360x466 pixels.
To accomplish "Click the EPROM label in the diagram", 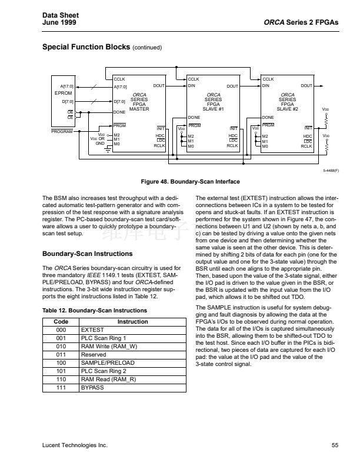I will coord(63,93).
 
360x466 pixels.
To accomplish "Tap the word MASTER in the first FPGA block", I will coord(139,109).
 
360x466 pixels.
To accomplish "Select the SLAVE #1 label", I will coord(214,109).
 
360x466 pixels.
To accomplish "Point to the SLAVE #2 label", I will coord(288,109).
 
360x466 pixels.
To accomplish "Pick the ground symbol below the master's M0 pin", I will coord(108,149).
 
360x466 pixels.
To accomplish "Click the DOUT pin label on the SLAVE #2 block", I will coord(306,86).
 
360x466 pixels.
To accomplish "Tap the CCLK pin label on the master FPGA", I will coord(119,78).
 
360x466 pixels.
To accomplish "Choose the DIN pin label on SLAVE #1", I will coord(192,86).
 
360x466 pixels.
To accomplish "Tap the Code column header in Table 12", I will coord(61,322).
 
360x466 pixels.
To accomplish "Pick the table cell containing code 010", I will coord(61,347).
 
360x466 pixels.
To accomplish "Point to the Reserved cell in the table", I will coord(93,355).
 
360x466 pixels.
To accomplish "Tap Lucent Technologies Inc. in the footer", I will coord(75,445).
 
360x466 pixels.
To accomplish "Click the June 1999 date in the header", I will coord(59,22).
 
